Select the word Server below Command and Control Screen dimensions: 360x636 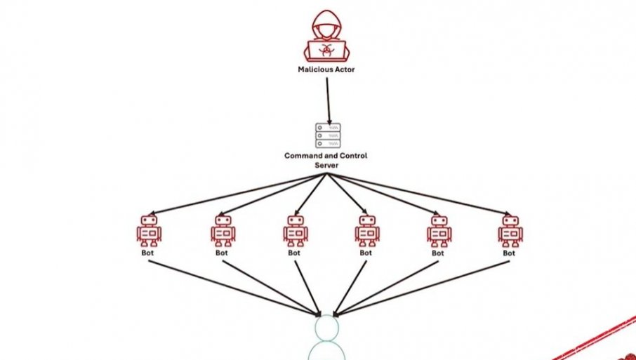[x=326, y=165]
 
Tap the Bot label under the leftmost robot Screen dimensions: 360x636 [x=149, y=253]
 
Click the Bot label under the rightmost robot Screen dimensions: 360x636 [x=510, y=253]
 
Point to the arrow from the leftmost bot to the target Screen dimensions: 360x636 [x=232, y=288]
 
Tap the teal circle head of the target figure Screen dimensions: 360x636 [x=327, y=328]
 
